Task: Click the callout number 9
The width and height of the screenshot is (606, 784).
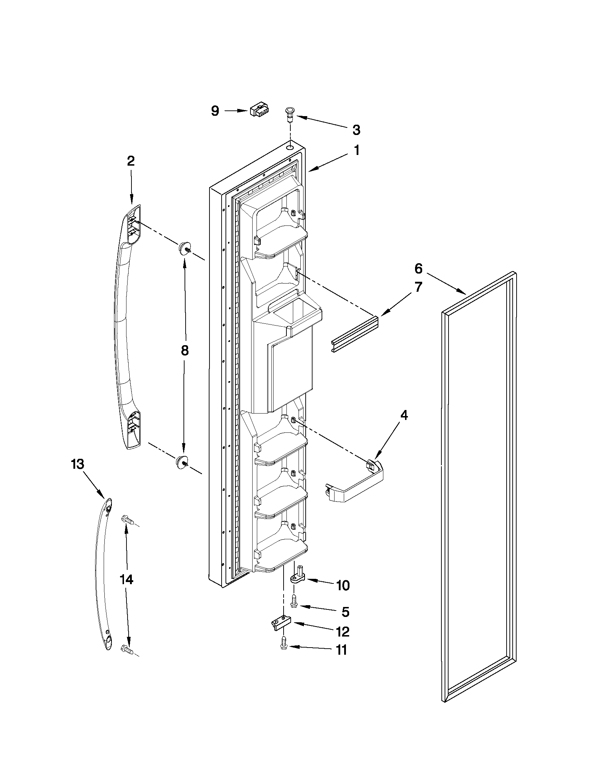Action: [x=215, y=111]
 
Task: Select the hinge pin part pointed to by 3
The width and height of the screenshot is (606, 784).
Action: [x=289, y=113]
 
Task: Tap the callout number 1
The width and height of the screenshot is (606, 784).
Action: [x=357, y=150]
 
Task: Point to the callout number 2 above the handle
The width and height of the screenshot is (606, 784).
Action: [x=131, y=161]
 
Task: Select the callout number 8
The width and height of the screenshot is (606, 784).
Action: [x=185, y=351]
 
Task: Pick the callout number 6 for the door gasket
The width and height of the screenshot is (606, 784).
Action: [x=419, y=268]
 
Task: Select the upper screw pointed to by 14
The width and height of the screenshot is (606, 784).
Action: [x=128, y=519]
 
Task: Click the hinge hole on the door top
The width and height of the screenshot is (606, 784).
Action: [x=290, y=147]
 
